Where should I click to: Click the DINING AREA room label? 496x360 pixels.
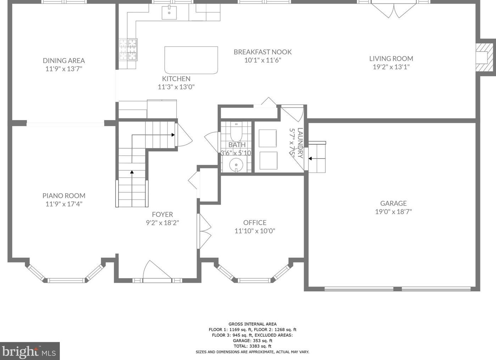coord(64,61)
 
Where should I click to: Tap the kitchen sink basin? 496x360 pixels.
coord(169,13)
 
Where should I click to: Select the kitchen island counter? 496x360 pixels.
coord(191,60)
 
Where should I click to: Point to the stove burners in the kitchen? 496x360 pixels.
coord(128,50)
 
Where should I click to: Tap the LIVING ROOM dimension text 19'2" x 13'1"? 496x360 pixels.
coord(391,67)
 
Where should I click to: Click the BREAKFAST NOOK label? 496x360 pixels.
coord(263,52)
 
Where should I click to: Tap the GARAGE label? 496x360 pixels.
coord(394,203)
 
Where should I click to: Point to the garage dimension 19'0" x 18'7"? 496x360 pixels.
coord(394,212)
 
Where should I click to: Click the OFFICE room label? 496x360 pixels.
coord(255,222)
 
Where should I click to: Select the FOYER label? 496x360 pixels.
coord(162,214)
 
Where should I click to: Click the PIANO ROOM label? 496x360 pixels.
coord(64,196)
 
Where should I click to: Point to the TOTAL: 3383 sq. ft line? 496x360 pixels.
coord(252,346)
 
